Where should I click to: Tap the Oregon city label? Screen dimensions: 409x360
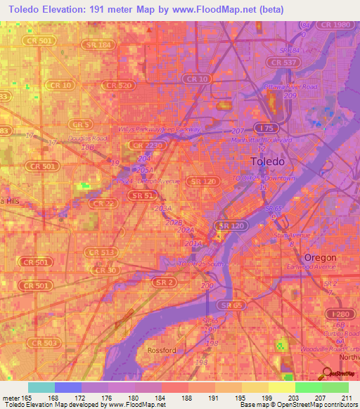(320, 257)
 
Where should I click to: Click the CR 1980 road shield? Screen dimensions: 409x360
(334, 25)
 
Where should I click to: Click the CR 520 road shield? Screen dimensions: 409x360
(118, 85)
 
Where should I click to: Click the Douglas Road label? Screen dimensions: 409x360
(87, 138)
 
